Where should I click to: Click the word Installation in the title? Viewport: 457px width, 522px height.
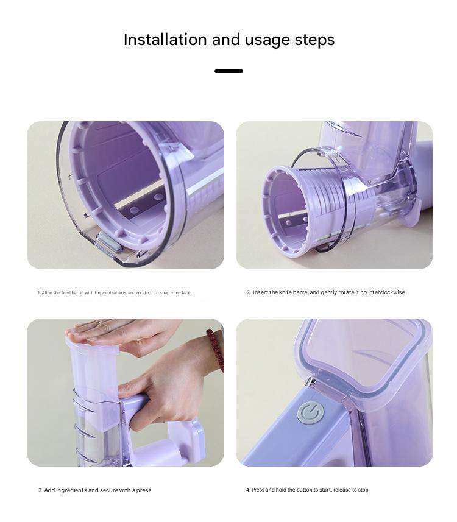pyautogui.click(x=165, y=40)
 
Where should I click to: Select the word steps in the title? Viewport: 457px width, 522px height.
pyautogui.click(x=314, y=40)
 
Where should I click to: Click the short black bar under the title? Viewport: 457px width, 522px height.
pyautogui.click(x=229, y=71)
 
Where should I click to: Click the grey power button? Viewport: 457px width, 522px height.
pyautogui.click(x=310, y=413)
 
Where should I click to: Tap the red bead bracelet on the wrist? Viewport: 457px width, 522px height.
pyautogui.click(x=216, y=349)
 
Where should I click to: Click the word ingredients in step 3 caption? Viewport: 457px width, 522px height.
pyautogui.click(x=72, y=490)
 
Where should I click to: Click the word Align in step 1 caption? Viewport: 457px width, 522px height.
pyautogui.click(x=47, y=293)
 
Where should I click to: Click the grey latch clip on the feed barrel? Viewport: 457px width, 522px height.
pyautogui.click(x=108, y=242)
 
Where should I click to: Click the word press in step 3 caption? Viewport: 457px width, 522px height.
pyautogui.click(x=144, y=491)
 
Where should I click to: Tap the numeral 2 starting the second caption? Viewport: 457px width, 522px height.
pyautogui.click(x=249, y=292)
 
